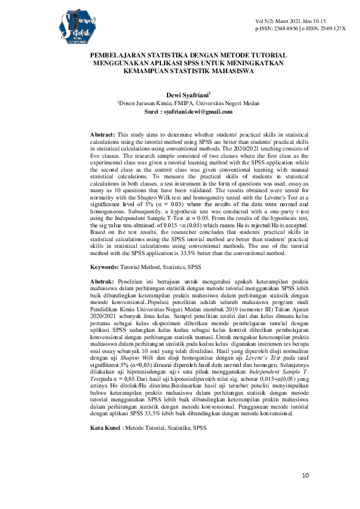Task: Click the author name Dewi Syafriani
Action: click(x=182, y=95)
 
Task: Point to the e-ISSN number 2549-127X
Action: click(x=330, y=28)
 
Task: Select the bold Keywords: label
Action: click(x=105, y=267)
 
